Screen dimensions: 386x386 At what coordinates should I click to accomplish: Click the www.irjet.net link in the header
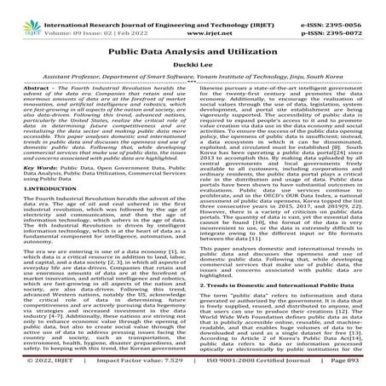coord(192,14)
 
